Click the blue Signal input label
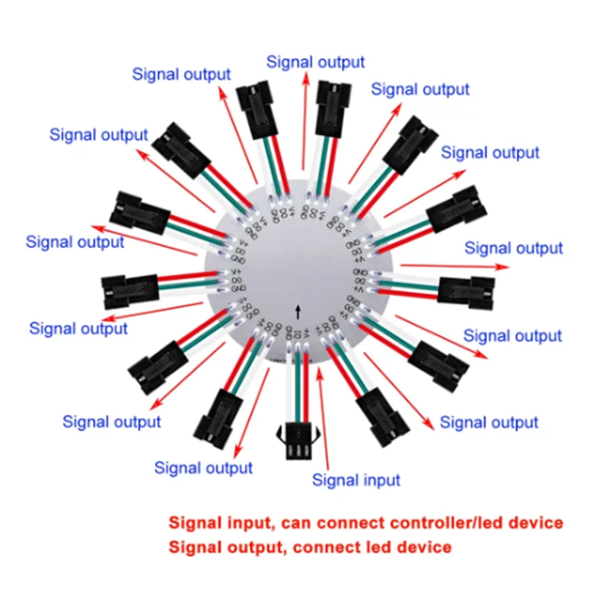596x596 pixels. pos(356,480)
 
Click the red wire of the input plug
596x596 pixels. pos(307,387)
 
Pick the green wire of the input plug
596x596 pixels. pos(298,387)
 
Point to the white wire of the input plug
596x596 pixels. pos(289,387)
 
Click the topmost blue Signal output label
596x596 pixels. pos(316,62)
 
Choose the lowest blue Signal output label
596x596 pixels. pos(203,468)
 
